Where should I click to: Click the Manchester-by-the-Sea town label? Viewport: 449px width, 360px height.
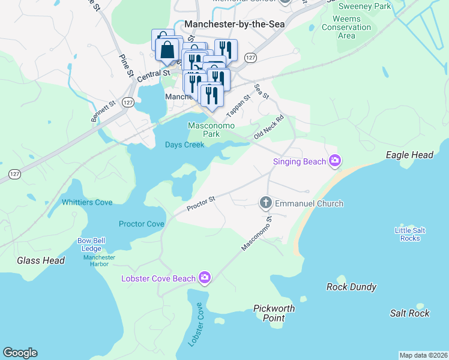pyautogui.click(x=235, y=24)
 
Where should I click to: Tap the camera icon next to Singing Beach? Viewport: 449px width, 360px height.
pyautogui.click(x=335, y=161)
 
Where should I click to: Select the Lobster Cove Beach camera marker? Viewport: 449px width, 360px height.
pyautogui.click(x=205, y=278)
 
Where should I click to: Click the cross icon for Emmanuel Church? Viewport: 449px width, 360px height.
pyautogui.click(x=266, y=203)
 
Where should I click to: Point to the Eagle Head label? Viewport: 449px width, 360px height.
pyautogui.click(x=409, y=155)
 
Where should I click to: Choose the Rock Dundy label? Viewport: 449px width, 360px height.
pyautogui.click(x=351, y=287)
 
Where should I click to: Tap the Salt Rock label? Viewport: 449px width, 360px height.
pyautogui.click(x=409, y=313)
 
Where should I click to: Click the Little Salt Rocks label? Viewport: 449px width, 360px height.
pyautogui.click(x=410, y=234)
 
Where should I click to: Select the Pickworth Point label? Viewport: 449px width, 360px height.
pyautogui.click(x=274, y=313)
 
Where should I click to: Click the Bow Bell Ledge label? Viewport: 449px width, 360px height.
pyautogui.click(x=91, y=244)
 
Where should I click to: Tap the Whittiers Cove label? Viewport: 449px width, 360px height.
pyautogui.click(x=87, y=202)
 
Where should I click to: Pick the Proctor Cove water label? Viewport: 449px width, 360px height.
pyautogui.click(x=142, y=224)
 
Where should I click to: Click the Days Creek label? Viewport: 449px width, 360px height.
pyautogui.click(x=185, y=145)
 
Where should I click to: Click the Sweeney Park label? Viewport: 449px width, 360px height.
pyautogui.click(x=365, y=7)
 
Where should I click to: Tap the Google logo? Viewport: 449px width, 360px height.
pyautogui.click(x=20, y=353)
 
